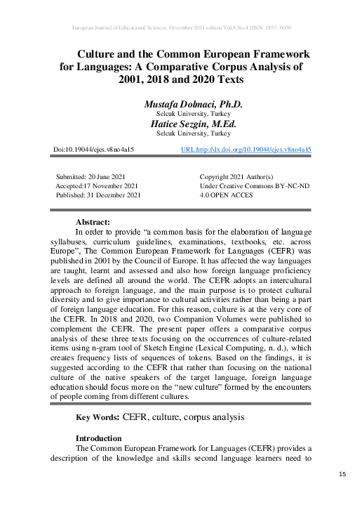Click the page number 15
343,475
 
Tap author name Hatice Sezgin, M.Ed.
193,123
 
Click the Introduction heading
103,438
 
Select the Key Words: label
98,418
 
